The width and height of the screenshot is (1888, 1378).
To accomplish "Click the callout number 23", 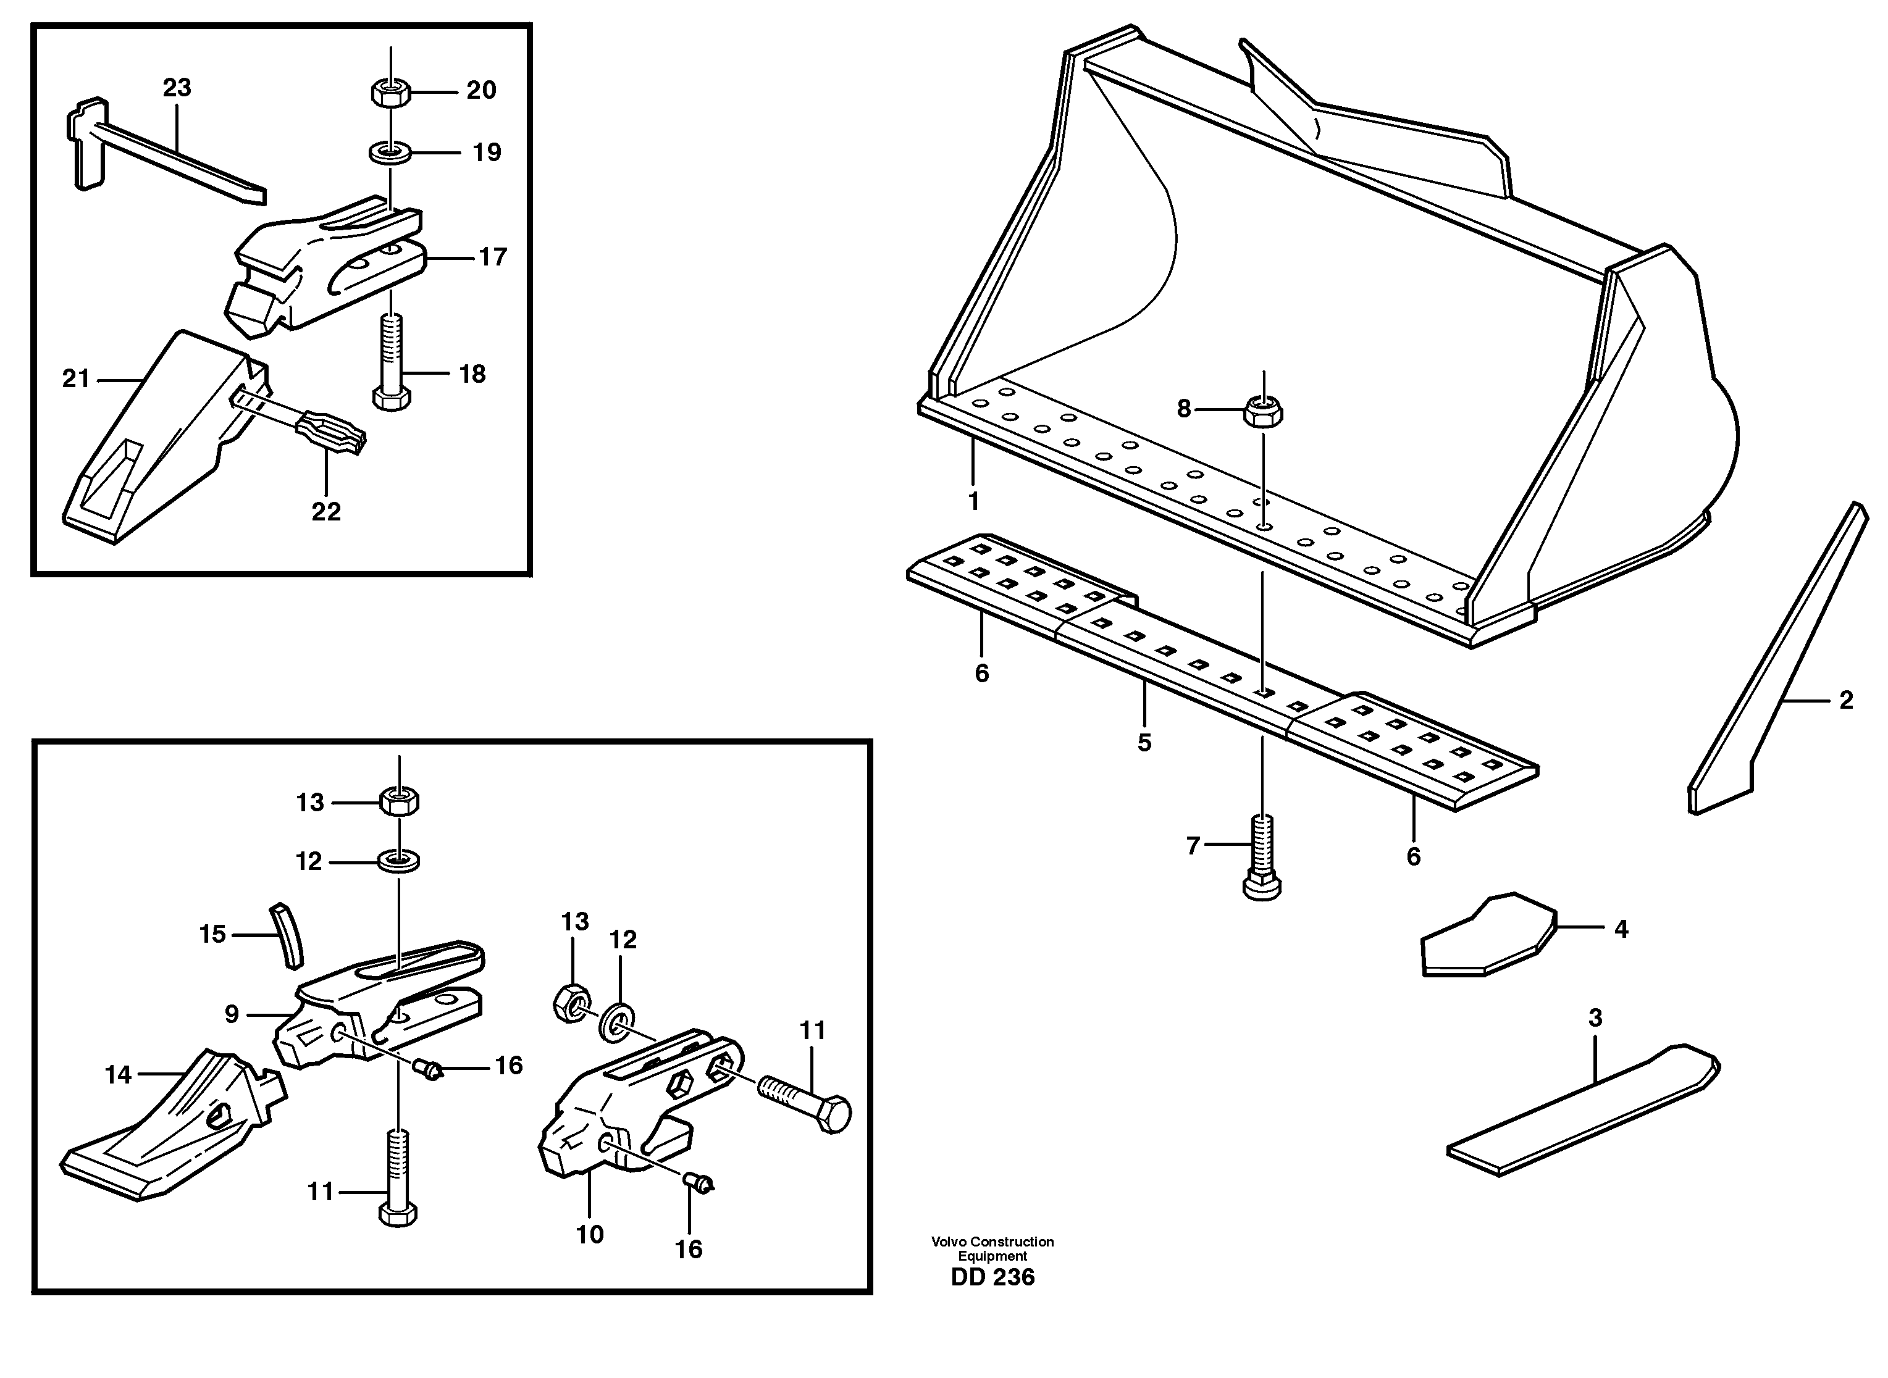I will (177, 88).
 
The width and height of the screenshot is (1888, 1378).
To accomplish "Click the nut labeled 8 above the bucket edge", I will (1263, 411).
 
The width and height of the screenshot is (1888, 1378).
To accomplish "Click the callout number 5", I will (1144, 742).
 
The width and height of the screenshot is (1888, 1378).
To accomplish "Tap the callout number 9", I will (231, 1014).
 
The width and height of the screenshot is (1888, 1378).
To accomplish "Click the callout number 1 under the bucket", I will (973, 501).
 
